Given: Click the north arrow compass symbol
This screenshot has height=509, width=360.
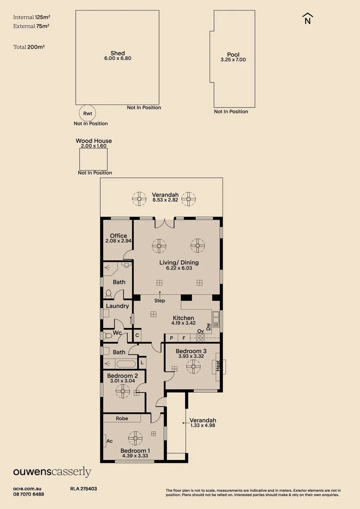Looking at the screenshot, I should tap(308, 18).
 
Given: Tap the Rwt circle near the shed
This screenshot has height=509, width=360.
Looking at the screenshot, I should tap(88, 113).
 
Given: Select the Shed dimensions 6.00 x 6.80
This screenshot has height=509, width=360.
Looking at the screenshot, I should tap(117, 58).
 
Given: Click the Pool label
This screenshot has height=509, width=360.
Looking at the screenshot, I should tap(233, 55).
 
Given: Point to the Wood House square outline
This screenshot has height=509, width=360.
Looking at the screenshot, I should tap(93, 159).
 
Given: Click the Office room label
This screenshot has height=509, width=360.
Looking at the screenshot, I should tap(118, 236).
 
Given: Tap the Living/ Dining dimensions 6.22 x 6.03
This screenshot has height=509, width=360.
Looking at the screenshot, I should tap(182, 268).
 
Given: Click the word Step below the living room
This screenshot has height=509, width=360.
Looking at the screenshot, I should tap(160, 300).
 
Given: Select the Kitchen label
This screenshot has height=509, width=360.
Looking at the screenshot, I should tap(183, 318).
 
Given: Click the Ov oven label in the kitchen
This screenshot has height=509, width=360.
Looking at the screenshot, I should tap(200, 331).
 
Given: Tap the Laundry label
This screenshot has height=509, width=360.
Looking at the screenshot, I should tap(117, 306).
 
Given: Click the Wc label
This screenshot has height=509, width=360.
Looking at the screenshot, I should tap(117, 333).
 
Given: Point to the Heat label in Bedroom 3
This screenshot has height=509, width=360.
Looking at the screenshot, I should tap(218, 365).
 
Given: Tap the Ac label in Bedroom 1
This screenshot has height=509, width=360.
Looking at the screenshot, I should tap(109, 441).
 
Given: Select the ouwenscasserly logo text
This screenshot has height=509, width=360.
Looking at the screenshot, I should tap(52, 472).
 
